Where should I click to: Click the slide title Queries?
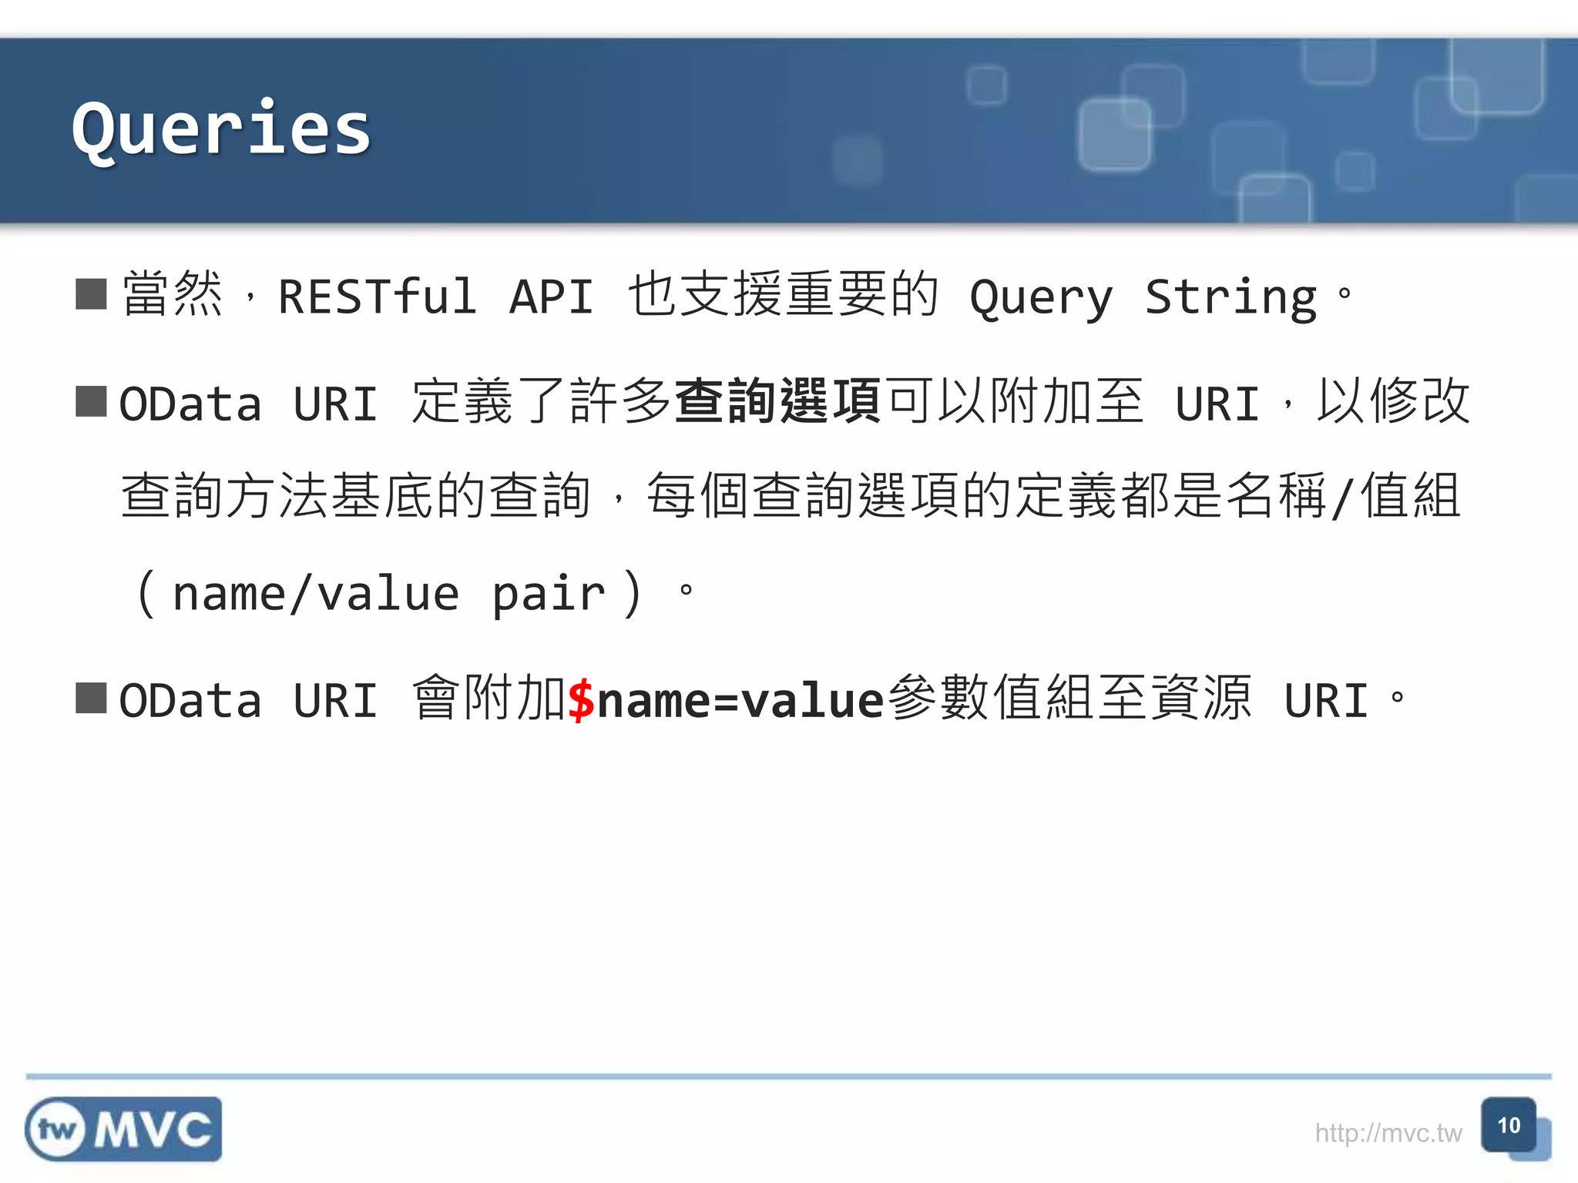pos(221,129)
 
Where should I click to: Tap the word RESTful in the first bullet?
pos(377,297)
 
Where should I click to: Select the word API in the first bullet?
pos(552,297)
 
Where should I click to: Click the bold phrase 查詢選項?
pos(777,401)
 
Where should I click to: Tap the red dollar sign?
pos(581,699)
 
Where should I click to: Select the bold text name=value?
pos(740,699)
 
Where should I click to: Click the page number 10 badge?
pos(1509,1126)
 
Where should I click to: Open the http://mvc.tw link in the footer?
pos(1388,1133)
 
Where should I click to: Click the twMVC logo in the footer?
pos(123,1129)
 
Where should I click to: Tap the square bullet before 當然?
pos(91,293)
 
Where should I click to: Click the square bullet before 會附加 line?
pos(91,698)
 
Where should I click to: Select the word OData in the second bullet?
pos(190,404)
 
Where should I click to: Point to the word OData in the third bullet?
pos(190,701)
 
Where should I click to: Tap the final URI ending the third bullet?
pos(1326,701)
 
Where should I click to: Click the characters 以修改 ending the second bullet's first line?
pos(1393,401)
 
